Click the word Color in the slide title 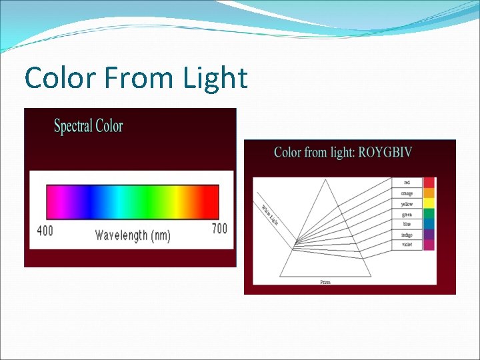61,79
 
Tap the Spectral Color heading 88,125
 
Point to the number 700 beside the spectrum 219,229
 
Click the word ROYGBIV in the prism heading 385,152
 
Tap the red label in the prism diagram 407,182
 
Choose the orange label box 407,193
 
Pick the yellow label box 407,204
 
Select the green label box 407,215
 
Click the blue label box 407,225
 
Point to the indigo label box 407,235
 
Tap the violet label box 407,245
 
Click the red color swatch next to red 429,182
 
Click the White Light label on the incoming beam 269,214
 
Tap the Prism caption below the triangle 325,282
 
